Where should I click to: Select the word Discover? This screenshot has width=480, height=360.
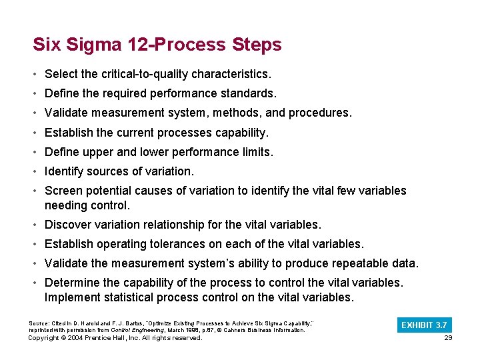68,225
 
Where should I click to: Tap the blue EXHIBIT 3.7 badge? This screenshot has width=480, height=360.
424,325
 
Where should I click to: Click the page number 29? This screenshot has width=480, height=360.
447,338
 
